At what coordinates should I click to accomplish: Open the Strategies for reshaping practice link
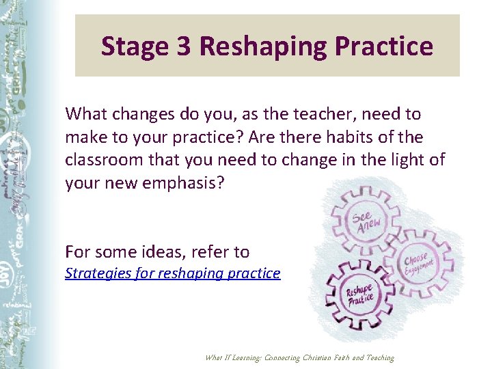tap(172, 273)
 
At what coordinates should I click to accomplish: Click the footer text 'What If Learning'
tap(233, 358)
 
